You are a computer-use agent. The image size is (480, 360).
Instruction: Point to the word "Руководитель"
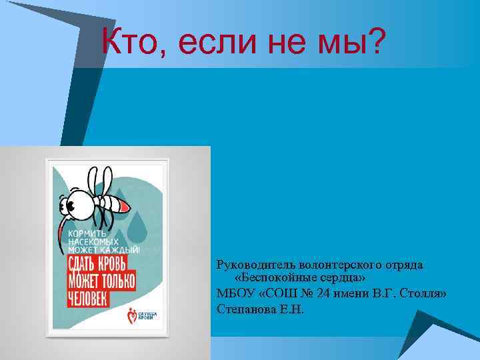255,265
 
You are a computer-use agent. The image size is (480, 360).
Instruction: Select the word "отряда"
403,265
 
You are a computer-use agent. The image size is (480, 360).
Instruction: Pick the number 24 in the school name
330,293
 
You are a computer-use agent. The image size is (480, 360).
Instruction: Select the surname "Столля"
424,293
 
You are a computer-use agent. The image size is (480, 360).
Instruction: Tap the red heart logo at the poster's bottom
133,313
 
